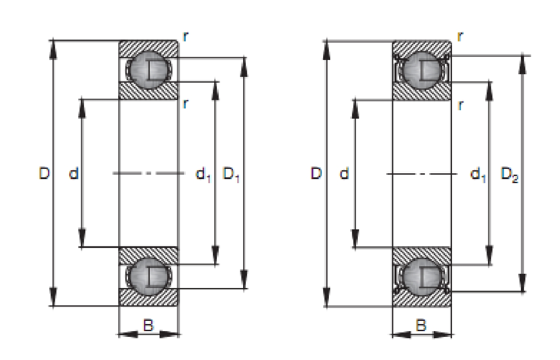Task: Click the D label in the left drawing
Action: click(x=44, y=173)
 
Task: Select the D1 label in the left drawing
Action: click(x=231, y=174)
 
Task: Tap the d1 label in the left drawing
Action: click(x=203, y=174)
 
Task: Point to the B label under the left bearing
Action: click(x=148, y=325)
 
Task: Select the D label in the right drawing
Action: click(x=316, y=173)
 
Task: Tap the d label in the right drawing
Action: click(x=344, y=173)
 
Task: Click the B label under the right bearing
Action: click(x=421, y=325)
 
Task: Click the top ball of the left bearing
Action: click(x=149, y=70)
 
